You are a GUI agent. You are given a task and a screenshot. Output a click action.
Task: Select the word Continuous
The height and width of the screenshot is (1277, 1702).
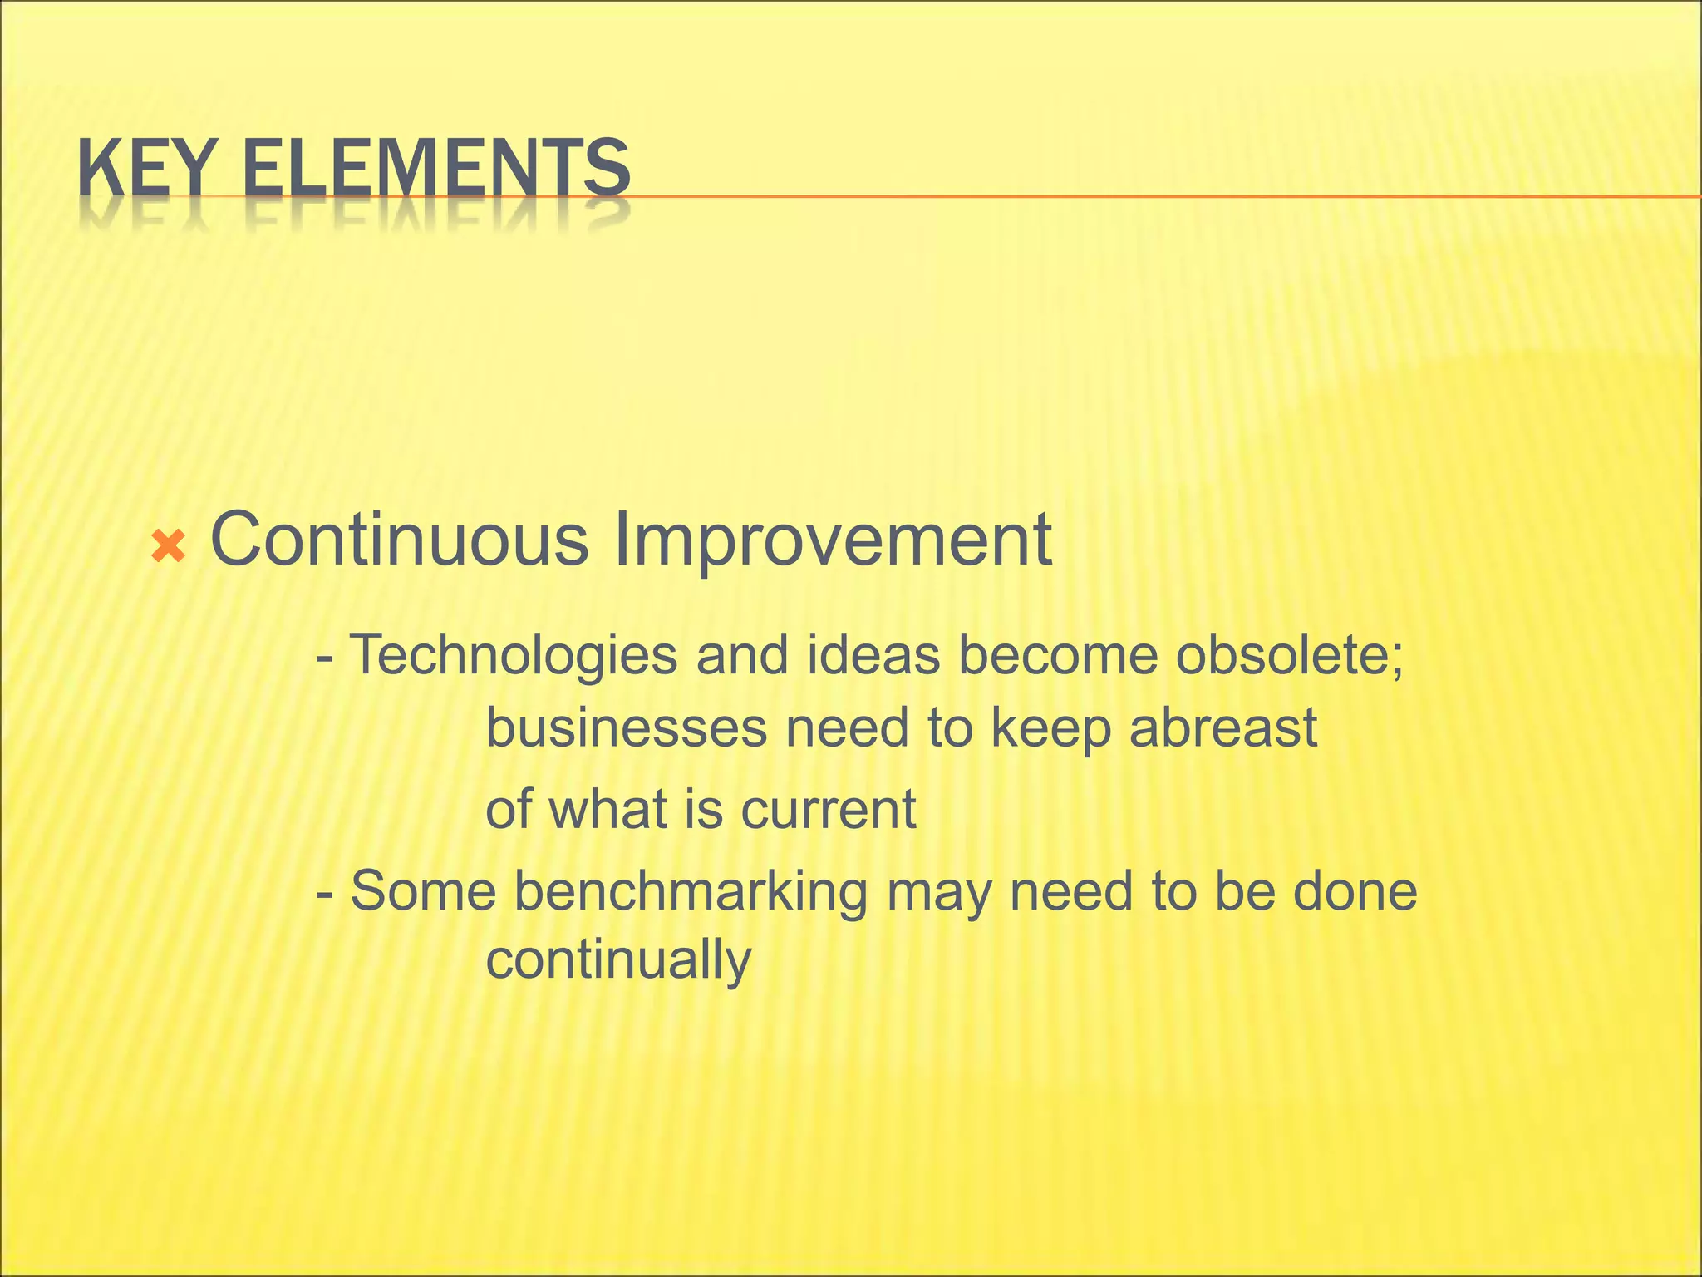pyautogui.click(x=399, y=540)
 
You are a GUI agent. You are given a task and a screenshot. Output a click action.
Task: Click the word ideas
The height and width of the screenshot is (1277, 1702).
pyautogui.click(x=873, y=655)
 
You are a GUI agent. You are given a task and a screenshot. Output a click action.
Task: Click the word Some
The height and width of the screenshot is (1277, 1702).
pyautogui.click(x=423, y=891)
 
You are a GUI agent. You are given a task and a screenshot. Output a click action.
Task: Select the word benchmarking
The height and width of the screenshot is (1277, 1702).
pyautogui.click(x=691, y=891)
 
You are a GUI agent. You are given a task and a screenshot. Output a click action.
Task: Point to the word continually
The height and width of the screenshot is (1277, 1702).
pyautogui.click(x=618, y=960)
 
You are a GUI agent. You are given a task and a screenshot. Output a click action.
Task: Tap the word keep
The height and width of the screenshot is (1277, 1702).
pyautogui.click(x=1050, y=728)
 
